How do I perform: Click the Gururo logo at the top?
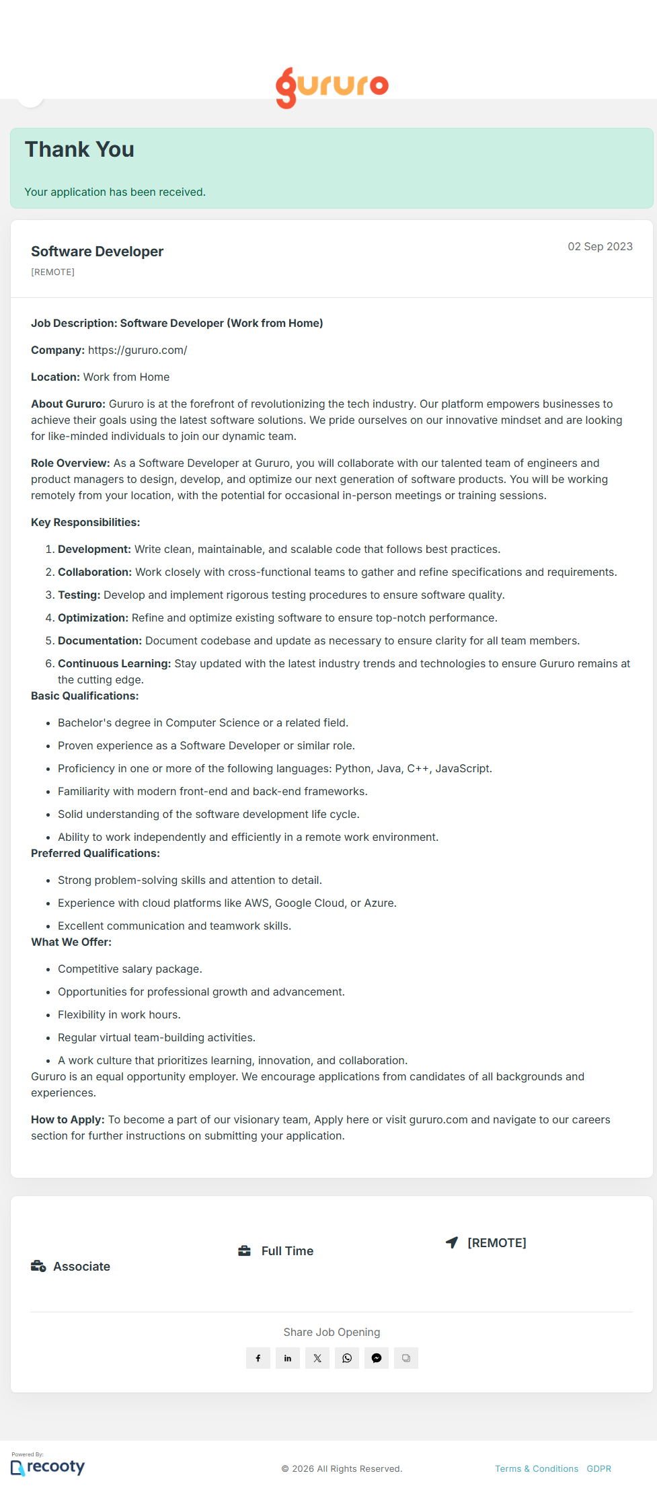click(332, 87)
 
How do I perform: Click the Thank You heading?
click(79, 149)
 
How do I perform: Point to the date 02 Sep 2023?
click(600, 246)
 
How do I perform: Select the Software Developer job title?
click(98, 252)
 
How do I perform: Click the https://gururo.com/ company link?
click(137, 350)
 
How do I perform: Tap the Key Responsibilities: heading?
click(85, 522)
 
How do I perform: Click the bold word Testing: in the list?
click(79, 595)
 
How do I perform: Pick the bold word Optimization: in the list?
click(93, 618)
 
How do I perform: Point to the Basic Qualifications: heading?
click(85, 696)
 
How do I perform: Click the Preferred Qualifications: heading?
click(95, 853)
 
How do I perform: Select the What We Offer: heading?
click(71, 942)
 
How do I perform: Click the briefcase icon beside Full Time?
click(244, 1250)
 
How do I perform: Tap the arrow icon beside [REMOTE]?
click(452, 1242)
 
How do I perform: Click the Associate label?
click(81, 1267)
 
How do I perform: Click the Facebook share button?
click(258, 1358)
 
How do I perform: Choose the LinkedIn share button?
click(288, 1358)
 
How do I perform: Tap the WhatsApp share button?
click(347, 1358)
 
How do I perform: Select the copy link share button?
click(406, 1358)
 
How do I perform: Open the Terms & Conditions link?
click(537, 1468)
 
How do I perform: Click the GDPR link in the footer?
click(598, 1468)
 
